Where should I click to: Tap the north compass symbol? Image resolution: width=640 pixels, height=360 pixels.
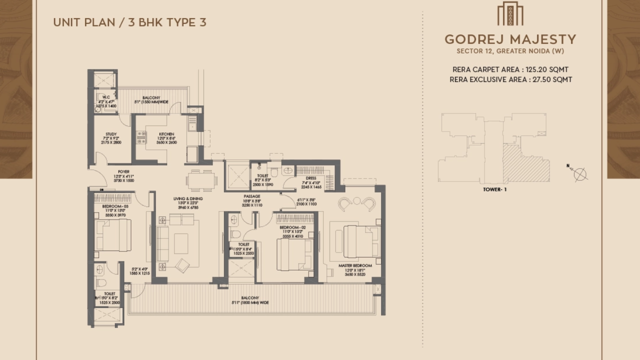[579, 173]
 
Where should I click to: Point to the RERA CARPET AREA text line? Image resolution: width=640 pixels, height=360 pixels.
[510, 69]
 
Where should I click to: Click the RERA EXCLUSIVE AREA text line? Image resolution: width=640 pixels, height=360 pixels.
[510, 79]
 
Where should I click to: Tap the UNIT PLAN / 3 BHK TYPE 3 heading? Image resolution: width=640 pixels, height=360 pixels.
[129, 22]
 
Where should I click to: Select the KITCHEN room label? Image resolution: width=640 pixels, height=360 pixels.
[166, 134]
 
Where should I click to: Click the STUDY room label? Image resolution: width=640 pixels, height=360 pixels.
[111, 134]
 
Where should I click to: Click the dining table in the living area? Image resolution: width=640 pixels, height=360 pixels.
[202, 180]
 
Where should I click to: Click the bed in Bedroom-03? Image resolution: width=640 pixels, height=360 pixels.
[113, 234]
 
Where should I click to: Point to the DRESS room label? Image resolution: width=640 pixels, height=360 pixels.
[310, 177]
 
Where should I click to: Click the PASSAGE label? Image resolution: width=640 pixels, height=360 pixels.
[251, 196]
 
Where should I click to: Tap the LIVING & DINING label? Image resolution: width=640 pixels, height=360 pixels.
[188, 199]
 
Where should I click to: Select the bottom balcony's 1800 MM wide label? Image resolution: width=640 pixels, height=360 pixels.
[250, 302]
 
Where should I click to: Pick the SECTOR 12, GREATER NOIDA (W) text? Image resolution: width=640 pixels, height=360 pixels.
[510, 51]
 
